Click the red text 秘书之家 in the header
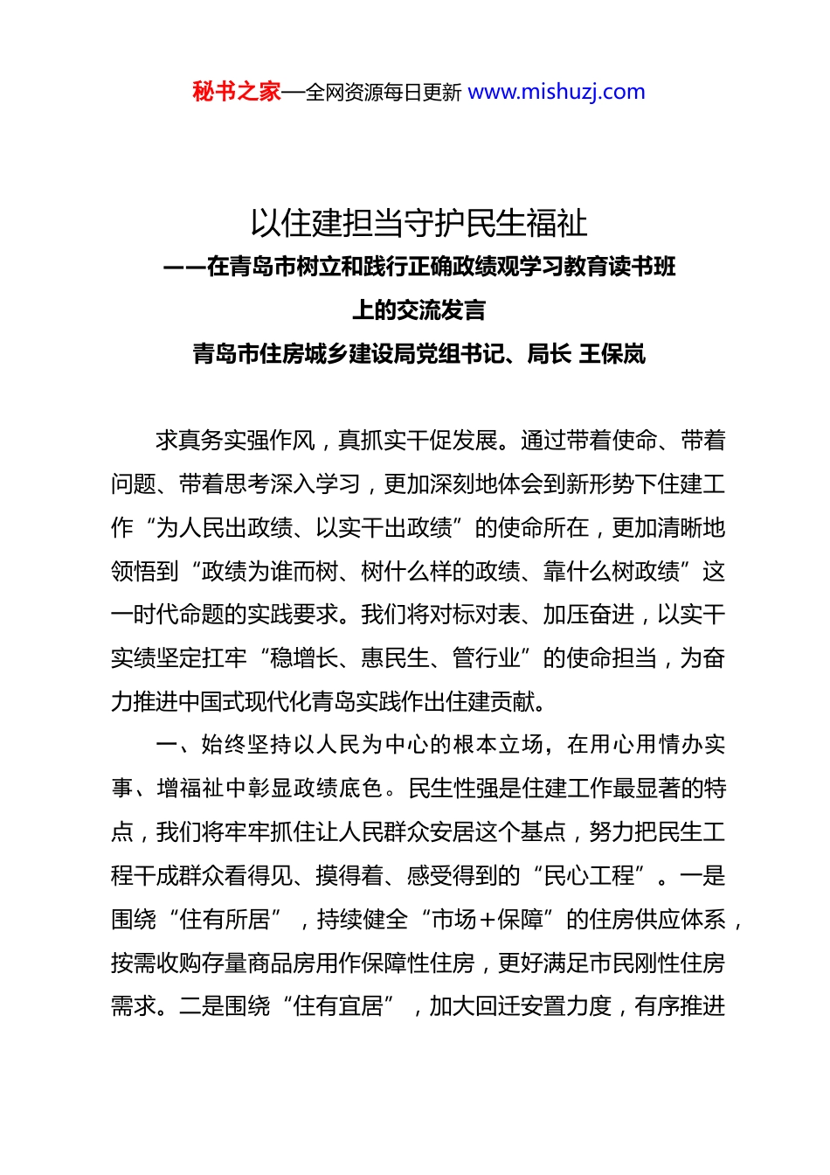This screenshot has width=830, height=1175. click(x=237, y=92)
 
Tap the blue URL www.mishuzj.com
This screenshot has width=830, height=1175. click(x=557, y=92)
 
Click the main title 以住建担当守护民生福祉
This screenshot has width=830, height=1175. click(x=418, y=224)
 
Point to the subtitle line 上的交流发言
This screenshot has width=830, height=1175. click(x=418, y=310)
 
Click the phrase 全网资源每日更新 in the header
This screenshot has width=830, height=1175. click(x=384, y=92)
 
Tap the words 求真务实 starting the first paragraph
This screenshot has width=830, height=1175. click(x=201, y=441)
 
